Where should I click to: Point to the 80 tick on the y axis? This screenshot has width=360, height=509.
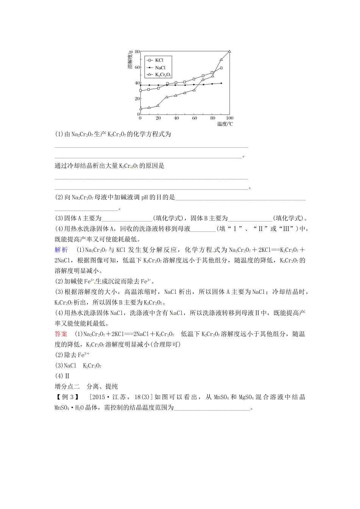coord(137,51)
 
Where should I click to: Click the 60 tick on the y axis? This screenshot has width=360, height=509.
coord(137,67)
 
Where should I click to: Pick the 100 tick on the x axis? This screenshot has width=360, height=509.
coord(230,118)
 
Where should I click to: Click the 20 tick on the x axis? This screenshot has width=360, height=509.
coord(158,118)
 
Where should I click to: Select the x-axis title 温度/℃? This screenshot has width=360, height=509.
coord(225,124)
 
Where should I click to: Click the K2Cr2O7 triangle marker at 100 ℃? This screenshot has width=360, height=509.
coord(230,52)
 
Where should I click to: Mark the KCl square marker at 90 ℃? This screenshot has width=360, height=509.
coord(221,68)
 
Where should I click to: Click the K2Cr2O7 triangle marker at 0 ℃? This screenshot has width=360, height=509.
coord(141,109)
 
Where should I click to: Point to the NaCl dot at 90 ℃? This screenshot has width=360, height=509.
coord(221,83)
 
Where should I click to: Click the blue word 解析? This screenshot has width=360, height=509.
coord(61,250)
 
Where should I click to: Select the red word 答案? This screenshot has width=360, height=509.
coord(61,334)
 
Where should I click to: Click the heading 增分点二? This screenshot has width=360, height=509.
coord(67,386)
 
